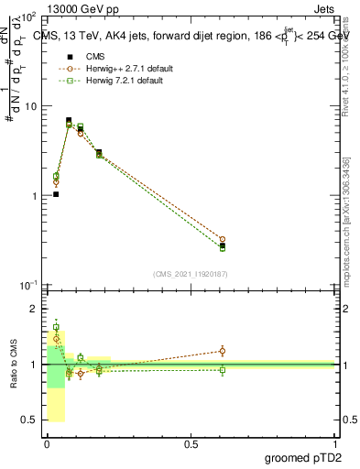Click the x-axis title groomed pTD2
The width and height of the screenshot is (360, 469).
[x=303, y=457]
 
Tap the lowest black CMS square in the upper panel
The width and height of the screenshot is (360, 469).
[x=56, y=194]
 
